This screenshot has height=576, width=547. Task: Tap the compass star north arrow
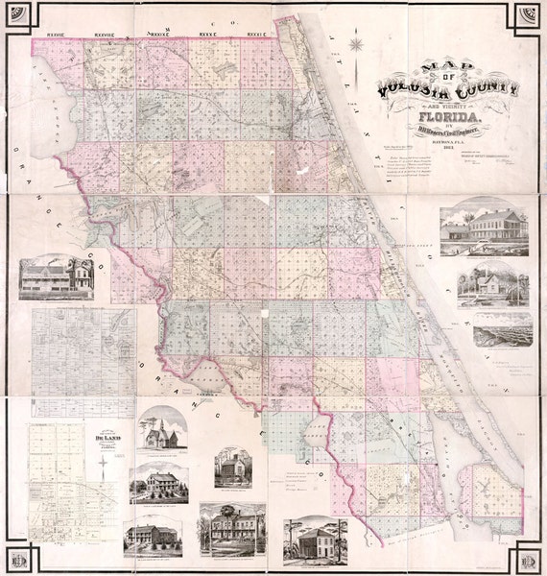pyautogui.click(x=357, y=44)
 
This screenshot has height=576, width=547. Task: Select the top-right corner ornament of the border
pyautogui.click(x=526, y=19)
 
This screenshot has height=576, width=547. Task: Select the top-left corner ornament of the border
pyautogui.click(x=20, y=19)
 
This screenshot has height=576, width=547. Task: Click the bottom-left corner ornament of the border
pyautogui.click(x=20, y=556)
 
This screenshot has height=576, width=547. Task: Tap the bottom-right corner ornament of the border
pyautogui.click(x=526, y=556)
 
